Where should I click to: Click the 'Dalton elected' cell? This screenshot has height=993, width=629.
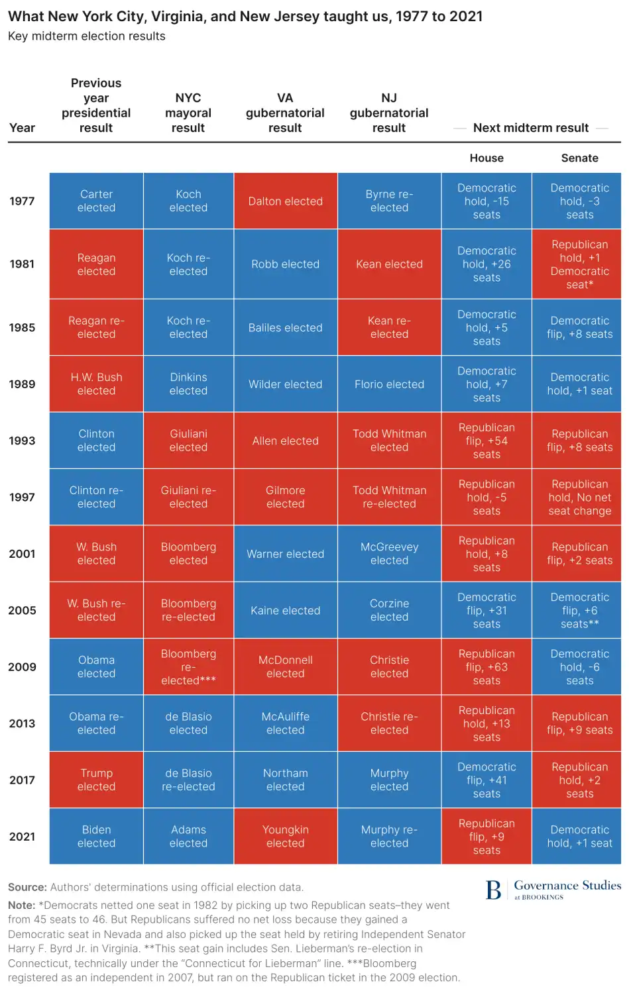285,201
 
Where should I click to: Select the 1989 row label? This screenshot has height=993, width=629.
22,384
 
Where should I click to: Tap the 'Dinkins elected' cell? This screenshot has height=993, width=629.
188,384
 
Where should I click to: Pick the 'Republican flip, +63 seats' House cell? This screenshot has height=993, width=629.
486,667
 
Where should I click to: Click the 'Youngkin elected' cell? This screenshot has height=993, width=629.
285,837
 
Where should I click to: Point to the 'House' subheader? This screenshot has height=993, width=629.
486,158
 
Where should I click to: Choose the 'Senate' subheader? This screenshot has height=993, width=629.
579,158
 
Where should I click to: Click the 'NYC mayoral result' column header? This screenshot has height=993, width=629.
188,113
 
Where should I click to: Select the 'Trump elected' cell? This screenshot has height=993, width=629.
96,780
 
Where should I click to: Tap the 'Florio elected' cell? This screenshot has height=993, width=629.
389,384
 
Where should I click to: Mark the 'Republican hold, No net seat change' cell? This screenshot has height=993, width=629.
579,497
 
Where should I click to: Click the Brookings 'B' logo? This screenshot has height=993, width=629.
493,890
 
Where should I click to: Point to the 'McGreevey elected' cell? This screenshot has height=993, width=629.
389,554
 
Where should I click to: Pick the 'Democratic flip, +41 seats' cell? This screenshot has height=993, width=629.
486,780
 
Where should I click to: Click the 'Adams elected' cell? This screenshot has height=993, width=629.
188,837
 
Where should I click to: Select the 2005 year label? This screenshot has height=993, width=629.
22,610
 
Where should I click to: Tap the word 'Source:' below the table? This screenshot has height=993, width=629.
27,888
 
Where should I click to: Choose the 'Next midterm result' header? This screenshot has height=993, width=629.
530,128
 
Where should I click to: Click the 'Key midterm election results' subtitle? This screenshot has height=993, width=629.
87,36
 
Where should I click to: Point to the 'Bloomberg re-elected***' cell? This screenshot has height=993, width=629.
188,667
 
